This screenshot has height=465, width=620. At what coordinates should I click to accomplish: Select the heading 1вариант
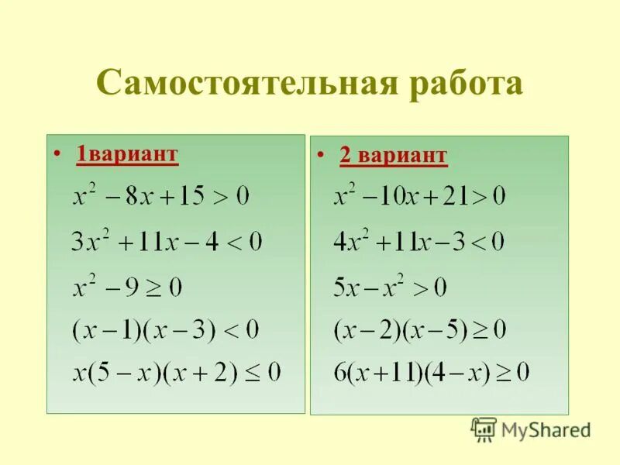(127, 154)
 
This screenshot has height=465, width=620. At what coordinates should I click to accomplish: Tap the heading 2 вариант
(393, 156)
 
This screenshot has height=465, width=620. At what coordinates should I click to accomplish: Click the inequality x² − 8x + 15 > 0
(161, 196)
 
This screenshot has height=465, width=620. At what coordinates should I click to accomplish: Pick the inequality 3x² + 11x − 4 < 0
(166, 242)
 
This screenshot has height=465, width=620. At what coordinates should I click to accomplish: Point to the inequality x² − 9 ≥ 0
(127, 288)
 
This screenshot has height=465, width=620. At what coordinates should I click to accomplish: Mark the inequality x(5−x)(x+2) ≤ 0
(176, 373)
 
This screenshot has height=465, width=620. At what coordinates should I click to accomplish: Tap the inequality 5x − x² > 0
(390, 288)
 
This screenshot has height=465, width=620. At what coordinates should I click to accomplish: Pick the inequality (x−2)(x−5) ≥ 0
(419, 331)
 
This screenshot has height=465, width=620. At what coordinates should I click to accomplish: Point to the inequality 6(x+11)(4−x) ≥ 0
(431, 373)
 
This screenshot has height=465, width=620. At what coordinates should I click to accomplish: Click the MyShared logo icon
(484, 429)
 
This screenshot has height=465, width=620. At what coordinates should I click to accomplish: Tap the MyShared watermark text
(546, 429)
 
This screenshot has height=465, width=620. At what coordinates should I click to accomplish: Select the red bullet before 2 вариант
(321, 156)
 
